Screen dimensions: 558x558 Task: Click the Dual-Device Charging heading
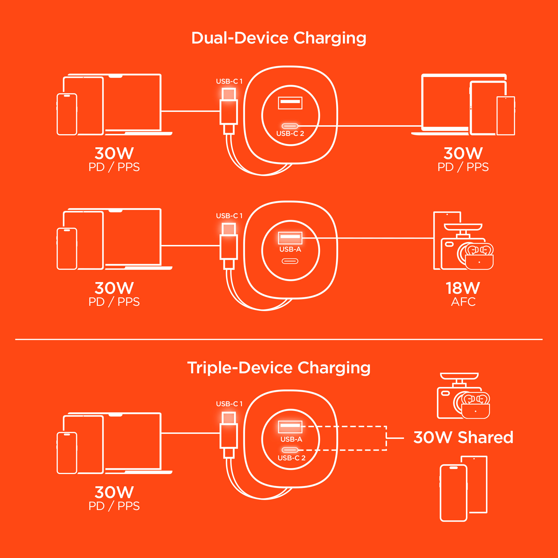(279, 38)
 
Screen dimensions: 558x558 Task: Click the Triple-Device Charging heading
(279, 368)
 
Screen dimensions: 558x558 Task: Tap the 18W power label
(463, 288)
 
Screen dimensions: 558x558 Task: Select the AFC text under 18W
(463, 302)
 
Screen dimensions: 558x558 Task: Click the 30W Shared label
(463, 437)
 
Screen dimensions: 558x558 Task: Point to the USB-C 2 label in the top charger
(290, 133)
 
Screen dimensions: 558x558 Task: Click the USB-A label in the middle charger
(290, 249)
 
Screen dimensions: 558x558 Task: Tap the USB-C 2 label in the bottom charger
(291, 458)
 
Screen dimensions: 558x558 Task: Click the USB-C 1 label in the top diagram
(229, 81)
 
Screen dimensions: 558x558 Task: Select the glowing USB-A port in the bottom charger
(290, 427)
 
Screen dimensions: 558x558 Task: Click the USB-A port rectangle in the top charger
(290, 103)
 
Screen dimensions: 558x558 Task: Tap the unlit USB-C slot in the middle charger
(290, 261)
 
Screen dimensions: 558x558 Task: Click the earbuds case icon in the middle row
(479, 261)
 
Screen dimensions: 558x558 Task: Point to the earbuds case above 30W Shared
(475, 411)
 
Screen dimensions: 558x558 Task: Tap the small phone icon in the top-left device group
(67, 114)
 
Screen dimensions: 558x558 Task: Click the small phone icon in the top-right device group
(506, 116)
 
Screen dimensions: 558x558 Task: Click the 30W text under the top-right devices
(463, 153)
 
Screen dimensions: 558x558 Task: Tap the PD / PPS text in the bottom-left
(114, 506)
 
